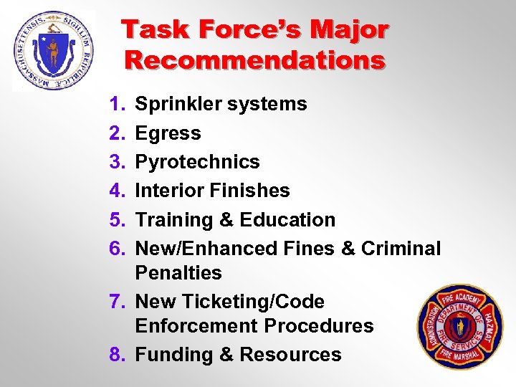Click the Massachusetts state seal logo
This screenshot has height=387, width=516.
pyautogui.click(x=54, y=50)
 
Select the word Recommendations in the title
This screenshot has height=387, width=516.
pyautogui.click(x=255, y=60)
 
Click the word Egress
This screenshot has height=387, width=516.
pyautogui.click(x=168, y=133)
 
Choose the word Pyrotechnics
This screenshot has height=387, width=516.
pyautogui.click(x=198, y=162)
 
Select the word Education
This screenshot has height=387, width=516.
pyautogui.click(x=290, y=219)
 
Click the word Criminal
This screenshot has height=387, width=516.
pyautogui.click(x=401, y=248)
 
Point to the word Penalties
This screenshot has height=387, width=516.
pyautogui.click(x=178, y=273)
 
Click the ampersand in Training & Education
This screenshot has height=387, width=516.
pyautogui.click(x=227, y=219)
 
